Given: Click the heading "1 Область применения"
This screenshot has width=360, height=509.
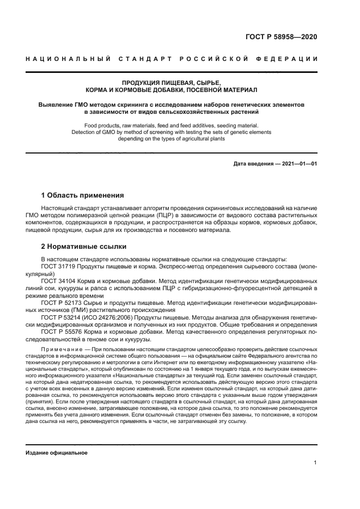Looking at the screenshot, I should pos(83,195).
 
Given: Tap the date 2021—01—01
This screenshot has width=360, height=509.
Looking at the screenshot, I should pos(298,164).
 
